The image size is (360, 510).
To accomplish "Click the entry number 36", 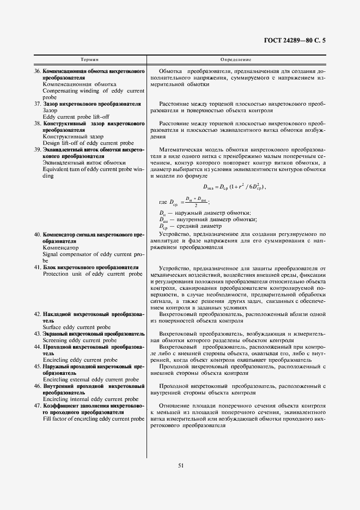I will (x=38, y=72).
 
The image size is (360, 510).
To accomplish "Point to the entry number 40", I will (x=38, y=234).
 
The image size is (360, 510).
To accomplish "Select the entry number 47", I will (x=38, y=405).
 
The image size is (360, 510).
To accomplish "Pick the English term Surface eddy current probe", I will (x=76, y=327).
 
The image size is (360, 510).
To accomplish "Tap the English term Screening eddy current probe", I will (x=80, y=340).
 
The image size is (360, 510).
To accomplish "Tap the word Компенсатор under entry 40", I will (x=60, y=247).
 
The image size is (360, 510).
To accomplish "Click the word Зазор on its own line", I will (x=50, y=110).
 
